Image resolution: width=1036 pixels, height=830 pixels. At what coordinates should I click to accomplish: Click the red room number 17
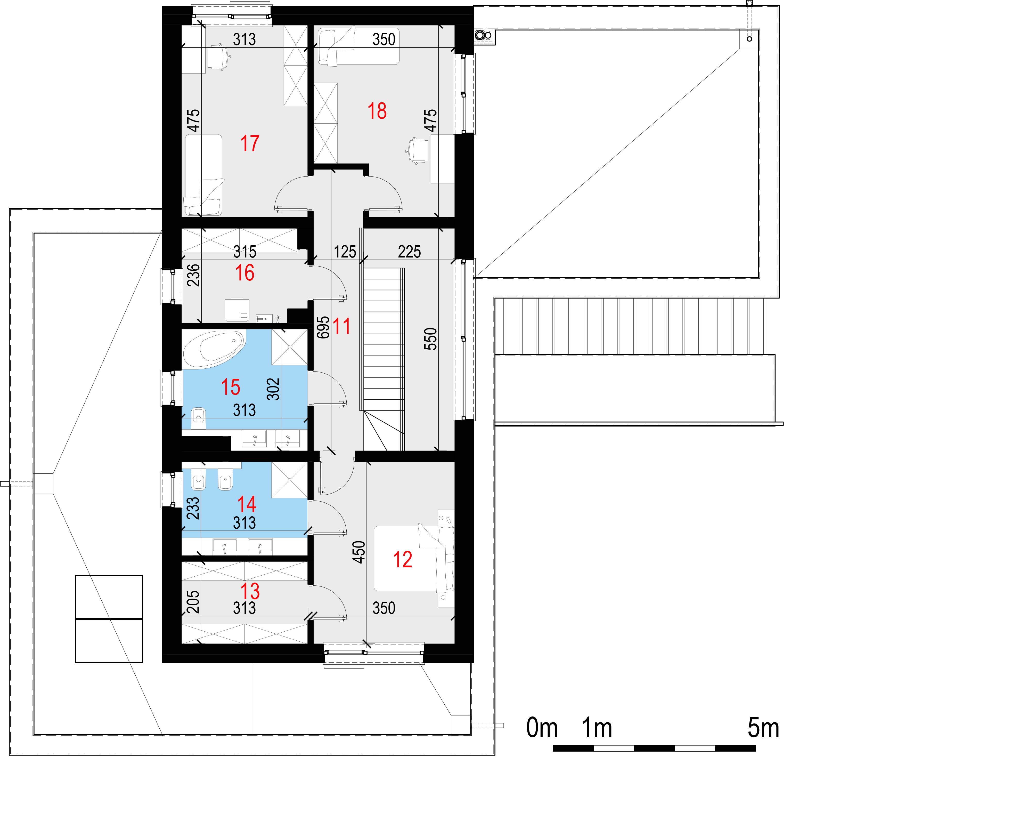(x=250, y=143)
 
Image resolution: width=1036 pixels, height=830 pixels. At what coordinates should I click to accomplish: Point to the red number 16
(x=244, y=273)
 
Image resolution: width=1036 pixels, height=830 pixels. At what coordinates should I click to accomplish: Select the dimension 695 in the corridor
(x=323, y=327)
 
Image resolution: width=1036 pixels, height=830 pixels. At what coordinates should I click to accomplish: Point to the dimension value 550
(x=430, y=339)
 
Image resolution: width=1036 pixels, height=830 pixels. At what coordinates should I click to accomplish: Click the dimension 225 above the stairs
(x=409, y=251)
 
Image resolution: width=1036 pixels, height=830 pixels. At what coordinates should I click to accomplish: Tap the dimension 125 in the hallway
(x=345, y=251)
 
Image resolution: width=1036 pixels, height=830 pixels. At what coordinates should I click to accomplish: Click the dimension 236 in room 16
(x=193, y=275)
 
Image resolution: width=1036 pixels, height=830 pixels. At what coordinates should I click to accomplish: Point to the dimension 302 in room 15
(x=273, y=389)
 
